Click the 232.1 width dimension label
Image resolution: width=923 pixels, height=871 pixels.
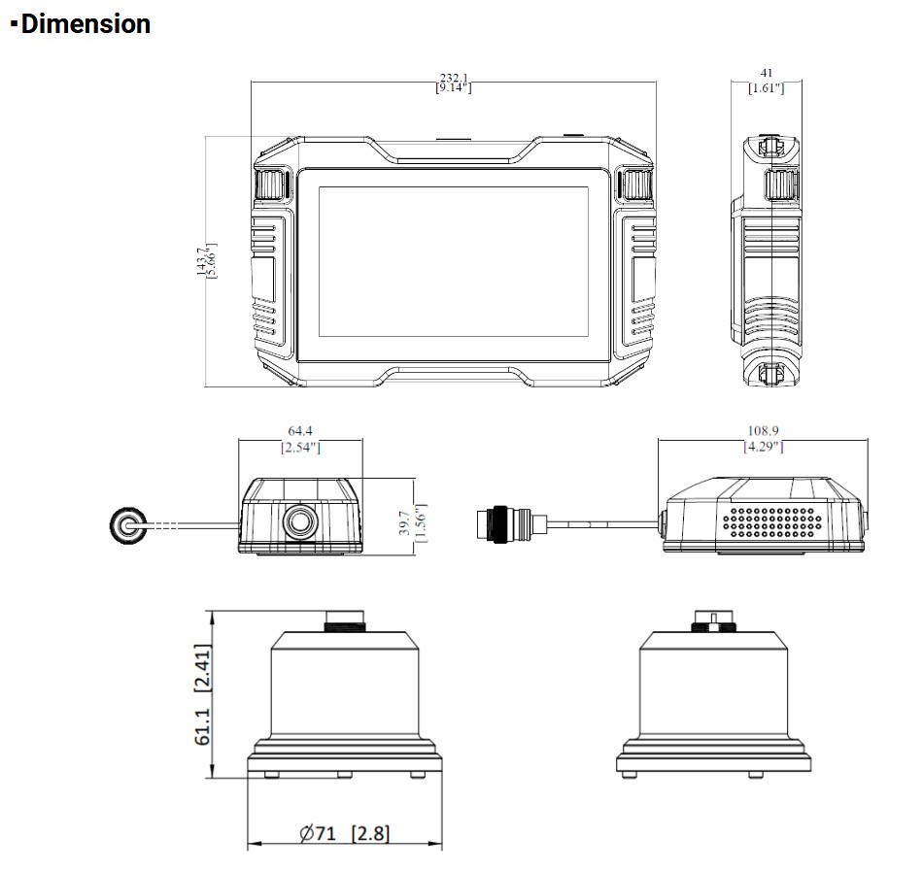pos(453,77)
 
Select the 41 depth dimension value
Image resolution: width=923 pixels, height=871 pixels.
pos(767,72)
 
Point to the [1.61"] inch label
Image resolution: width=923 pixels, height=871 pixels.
pos(767,88)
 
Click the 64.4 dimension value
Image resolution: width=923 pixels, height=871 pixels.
pos(300,430)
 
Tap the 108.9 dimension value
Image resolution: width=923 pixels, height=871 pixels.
pos(763,430)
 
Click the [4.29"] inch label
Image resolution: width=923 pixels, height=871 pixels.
pos(763,447)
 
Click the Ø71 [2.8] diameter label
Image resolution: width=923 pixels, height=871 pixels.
pos(345,834)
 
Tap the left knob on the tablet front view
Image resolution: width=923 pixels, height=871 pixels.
pos(271,184)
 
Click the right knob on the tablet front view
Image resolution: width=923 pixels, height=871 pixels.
pos(635,184)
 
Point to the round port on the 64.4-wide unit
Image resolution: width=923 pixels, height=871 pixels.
pos(300,521)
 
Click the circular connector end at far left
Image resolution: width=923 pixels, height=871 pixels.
pos(127,525)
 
